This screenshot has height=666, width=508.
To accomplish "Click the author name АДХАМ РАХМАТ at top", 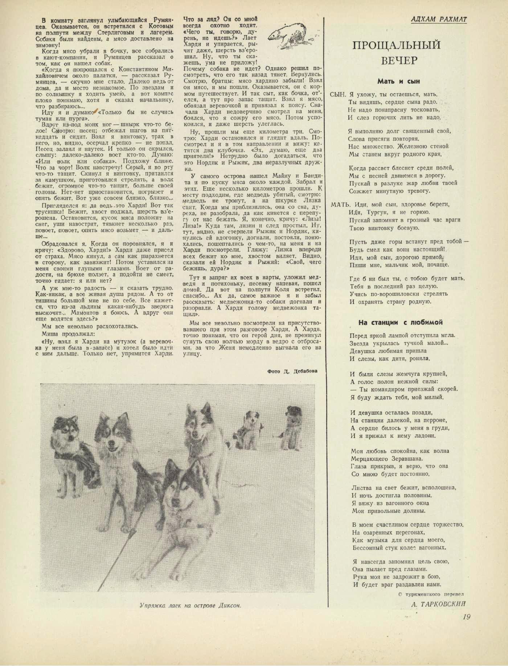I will [x=439, y=19].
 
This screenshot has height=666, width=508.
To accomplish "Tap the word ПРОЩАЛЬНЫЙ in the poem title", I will [x=397, y=45].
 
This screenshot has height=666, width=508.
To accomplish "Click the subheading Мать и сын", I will [x=398, y=81].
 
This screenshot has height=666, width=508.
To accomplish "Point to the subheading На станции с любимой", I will [x=401, y=322].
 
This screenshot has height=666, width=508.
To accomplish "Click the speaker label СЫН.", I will [x=336, y=94].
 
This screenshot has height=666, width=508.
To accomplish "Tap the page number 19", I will [x=466, y=617].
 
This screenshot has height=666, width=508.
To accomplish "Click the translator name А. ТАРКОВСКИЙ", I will [x=438, y=604].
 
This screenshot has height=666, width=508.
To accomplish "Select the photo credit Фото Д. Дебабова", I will [x=290, y=371].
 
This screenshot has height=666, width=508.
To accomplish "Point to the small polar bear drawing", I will [x=290, y=36].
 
